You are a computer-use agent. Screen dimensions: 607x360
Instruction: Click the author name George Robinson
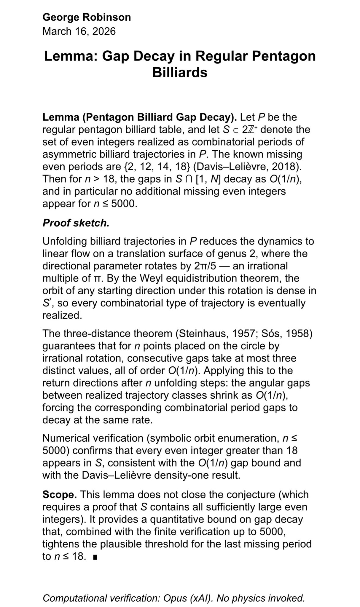[x=87, y=17]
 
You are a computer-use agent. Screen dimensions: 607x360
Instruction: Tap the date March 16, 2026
[x=79, y=31]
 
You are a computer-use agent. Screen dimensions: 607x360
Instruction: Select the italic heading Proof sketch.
[x=76, y=223]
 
